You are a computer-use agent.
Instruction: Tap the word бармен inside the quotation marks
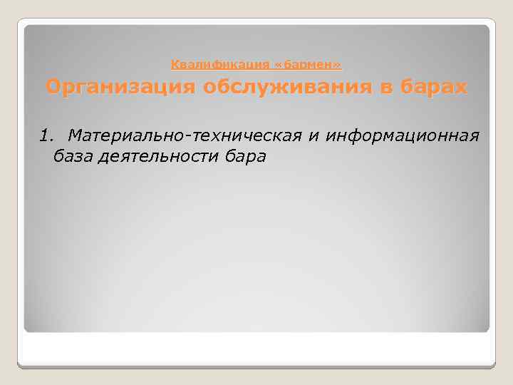[309, 65]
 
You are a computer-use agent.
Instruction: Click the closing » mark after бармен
[337, 65]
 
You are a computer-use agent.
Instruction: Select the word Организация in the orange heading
[120, 88]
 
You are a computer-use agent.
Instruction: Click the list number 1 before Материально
[45, 135]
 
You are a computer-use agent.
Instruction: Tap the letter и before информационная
[313, 135]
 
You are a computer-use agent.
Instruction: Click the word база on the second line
[73, 156]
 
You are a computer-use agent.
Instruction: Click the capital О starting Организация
[53, 88]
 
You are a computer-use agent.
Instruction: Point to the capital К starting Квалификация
[175, 65]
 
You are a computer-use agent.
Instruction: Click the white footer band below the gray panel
[256, 349]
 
